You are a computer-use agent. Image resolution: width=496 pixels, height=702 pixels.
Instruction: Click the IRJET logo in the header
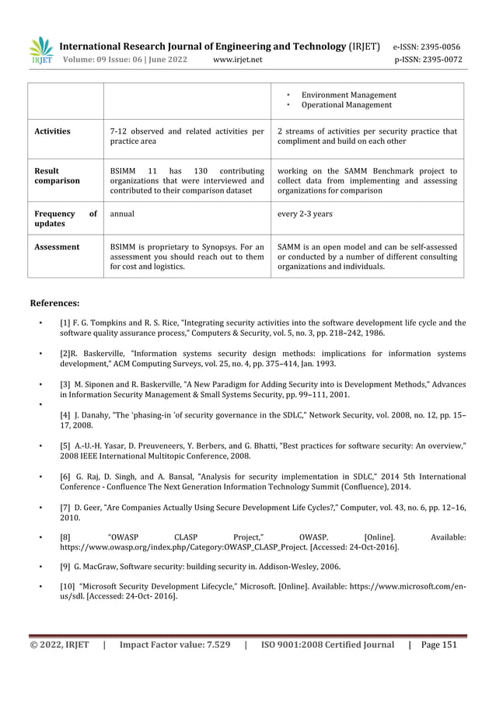(40, 50)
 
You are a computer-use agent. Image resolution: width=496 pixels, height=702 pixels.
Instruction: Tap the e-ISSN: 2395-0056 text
(427, 46)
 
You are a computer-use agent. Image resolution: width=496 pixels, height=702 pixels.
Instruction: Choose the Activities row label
(52, 131)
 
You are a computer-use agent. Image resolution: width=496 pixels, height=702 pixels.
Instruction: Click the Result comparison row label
(57, 175)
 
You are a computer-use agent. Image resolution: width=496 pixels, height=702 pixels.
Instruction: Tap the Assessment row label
(57, 246)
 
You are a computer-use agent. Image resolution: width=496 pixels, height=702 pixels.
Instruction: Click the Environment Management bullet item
(348, 94)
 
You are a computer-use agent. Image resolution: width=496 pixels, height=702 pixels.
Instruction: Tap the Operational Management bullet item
(346, 104)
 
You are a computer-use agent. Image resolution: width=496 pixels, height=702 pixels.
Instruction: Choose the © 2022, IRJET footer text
(59, 644)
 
